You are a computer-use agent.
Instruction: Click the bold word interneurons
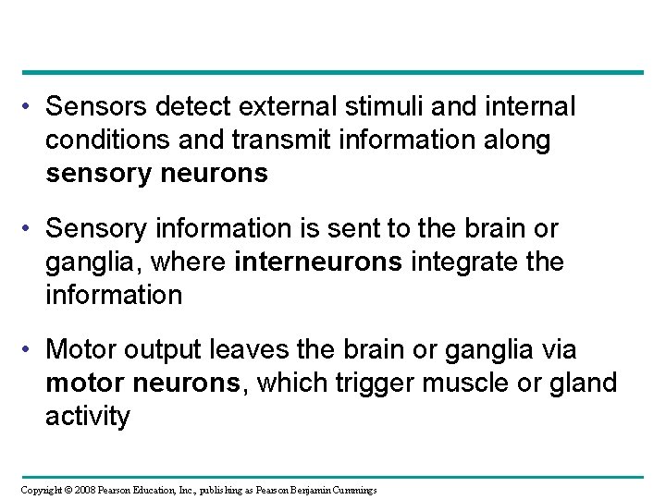pyautogui.click(x=319, y=263)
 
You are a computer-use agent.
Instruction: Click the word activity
pyautogui.click(x=88, y=417)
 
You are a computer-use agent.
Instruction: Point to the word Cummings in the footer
pyautogui.click(x=351, y=489)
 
